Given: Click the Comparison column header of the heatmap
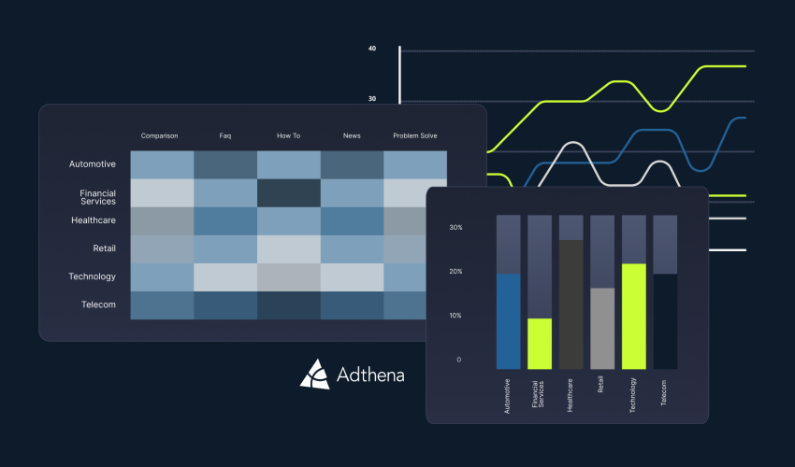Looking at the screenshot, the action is click(159, 135).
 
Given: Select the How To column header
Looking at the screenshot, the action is click(288, 135).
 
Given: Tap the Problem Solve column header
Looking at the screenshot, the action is click(414, 135).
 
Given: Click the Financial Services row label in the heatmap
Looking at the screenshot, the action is click(98, 197).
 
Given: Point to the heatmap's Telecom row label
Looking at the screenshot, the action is click(98, 304).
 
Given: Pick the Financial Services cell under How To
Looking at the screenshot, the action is click(288, 193).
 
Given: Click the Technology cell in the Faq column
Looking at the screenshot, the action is click(225, 277).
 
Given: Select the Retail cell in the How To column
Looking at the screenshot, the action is click(288, 249).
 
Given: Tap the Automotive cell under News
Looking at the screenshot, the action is click(352, 164).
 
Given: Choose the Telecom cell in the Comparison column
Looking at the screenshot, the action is click(162, 305).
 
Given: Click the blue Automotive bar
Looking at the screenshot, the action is click(508, 321).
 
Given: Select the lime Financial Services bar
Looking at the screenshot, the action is click(540, 344).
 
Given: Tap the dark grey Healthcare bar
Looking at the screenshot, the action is click(571, 304).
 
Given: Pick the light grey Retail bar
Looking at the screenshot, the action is click(602, 329).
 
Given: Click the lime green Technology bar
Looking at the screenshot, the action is click(634, 317).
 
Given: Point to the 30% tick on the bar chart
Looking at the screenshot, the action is click(455, 227).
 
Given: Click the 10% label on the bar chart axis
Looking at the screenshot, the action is click(455, 316).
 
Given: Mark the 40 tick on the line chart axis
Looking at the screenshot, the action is click(372, 49).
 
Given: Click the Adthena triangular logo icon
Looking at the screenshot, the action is click(315, 375).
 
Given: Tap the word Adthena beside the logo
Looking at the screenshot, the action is click(370, 375).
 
